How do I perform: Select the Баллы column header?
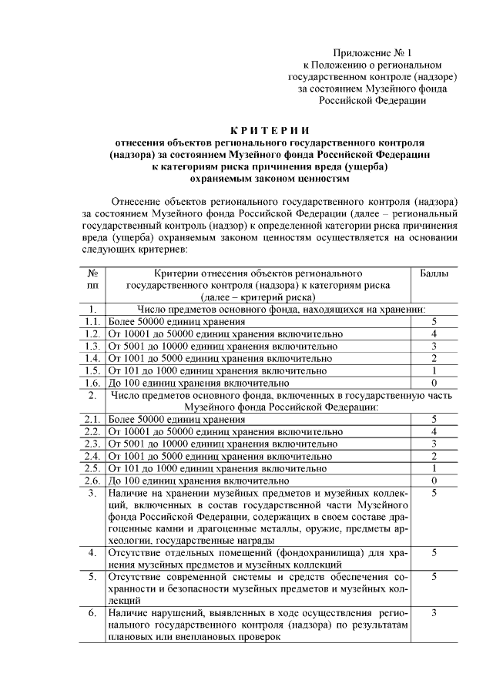pyautogui.click(x=434, y=273)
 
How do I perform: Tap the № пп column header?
pyautogui.click(x=92, y=279)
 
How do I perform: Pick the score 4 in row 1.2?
pyautogui.click(x=434, y=333)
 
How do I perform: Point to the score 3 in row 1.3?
pyautogui.click(x=434, y=346)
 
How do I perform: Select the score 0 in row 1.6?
pyautogui.click(x=434, y=383)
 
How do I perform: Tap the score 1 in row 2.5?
pyautogui.click(x=434, y=468)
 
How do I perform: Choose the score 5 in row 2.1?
pyautogui.click(x=434, y=419)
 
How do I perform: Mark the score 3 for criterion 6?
pyautogui.click(x=434, y=612)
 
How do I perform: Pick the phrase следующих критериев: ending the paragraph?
pyautogui.click(x=134, y=250)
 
